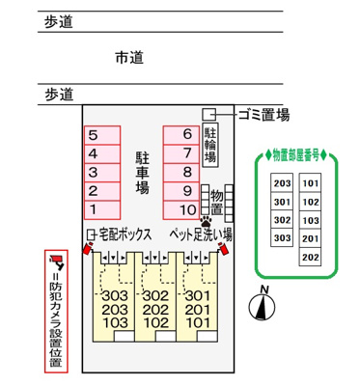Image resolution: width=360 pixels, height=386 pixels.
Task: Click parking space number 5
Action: [101, 136]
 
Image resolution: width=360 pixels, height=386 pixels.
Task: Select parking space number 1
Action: [101, 208]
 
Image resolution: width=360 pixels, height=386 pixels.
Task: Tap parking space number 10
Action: [180, 208]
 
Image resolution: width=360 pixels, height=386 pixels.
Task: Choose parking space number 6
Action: [180, 136]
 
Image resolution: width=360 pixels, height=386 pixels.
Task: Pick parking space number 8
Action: [180, 172]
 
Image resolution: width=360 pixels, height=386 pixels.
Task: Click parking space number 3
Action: [101, 172]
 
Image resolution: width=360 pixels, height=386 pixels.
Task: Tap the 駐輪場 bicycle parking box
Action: [209, 143]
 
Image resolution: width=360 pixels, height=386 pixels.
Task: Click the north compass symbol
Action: [259, 305]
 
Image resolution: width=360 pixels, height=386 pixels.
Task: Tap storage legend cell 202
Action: [310, 257]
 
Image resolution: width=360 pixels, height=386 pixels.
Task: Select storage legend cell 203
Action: [282, 183]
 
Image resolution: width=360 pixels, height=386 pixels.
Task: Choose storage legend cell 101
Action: [310, 183]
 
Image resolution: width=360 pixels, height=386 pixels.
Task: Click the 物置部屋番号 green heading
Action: [297, 153]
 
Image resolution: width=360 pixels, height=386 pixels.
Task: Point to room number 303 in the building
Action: [114, 295]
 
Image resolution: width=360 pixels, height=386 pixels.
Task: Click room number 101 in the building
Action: [197, 322]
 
